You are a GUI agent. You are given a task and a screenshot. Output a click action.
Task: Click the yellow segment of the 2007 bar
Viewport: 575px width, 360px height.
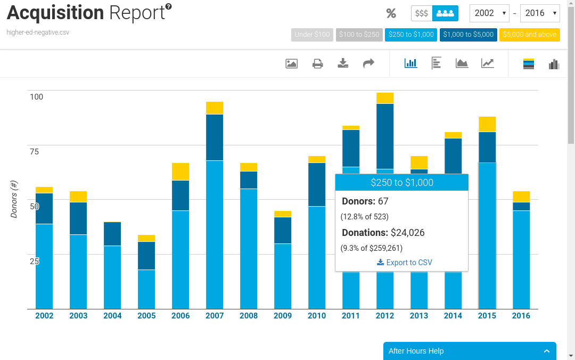point(215,108)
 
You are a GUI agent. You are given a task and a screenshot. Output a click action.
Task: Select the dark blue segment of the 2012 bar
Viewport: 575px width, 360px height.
point(385,136)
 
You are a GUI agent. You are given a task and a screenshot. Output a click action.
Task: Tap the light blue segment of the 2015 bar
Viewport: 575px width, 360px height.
point(487,234)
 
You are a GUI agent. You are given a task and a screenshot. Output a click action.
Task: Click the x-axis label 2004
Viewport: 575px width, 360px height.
point(112,316)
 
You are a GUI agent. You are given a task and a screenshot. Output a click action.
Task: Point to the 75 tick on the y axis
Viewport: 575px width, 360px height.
point(34,152)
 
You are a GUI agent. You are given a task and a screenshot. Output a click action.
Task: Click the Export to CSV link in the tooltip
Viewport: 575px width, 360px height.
point(405,263)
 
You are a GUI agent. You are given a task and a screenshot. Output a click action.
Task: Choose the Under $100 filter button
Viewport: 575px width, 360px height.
point(312,35)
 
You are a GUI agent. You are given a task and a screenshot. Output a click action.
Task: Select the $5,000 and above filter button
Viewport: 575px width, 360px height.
point(529,35)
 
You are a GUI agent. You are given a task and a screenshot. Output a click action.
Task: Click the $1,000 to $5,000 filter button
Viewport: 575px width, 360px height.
point(468,35)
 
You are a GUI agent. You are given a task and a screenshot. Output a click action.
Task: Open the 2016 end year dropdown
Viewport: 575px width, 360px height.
point(539,13)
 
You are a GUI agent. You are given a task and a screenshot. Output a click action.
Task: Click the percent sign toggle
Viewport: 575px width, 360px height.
point(391,13)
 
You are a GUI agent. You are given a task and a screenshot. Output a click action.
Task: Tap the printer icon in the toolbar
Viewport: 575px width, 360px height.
point(317,64)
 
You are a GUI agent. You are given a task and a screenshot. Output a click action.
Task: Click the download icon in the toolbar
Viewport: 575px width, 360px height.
point(343,64)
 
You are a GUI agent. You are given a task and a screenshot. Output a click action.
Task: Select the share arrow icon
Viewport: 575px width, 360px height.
point(368,64)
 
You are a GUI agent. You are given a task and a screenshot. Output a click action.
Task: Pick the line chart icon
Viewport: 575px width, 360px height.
point(487,64)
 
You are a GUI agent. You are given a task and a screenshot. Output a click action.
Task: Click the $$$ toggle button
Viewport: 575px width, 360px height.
point(422,13)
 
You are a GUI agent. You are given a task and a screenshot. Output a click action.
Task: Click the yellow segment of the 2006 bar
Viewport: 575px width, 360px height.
point(180,171)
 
